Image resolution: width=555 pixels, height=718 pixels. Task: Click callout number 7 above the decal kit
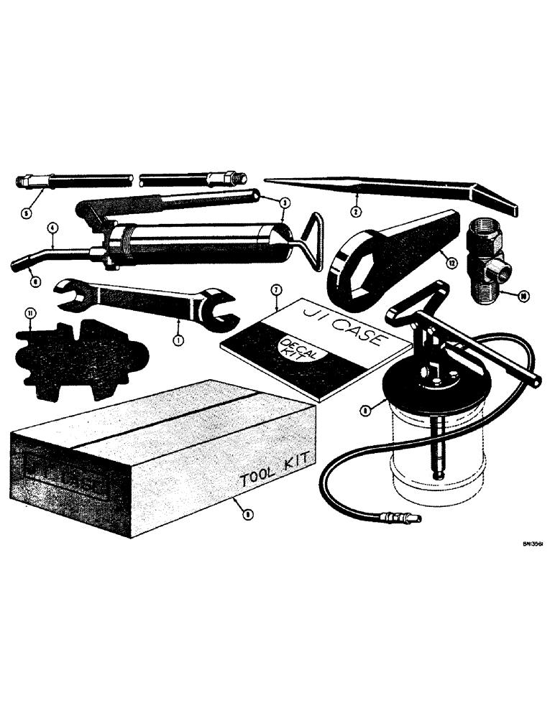tap(275, 289)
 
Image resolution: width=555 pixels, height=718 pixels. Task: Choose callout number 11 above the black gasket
tap(29, 313)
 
